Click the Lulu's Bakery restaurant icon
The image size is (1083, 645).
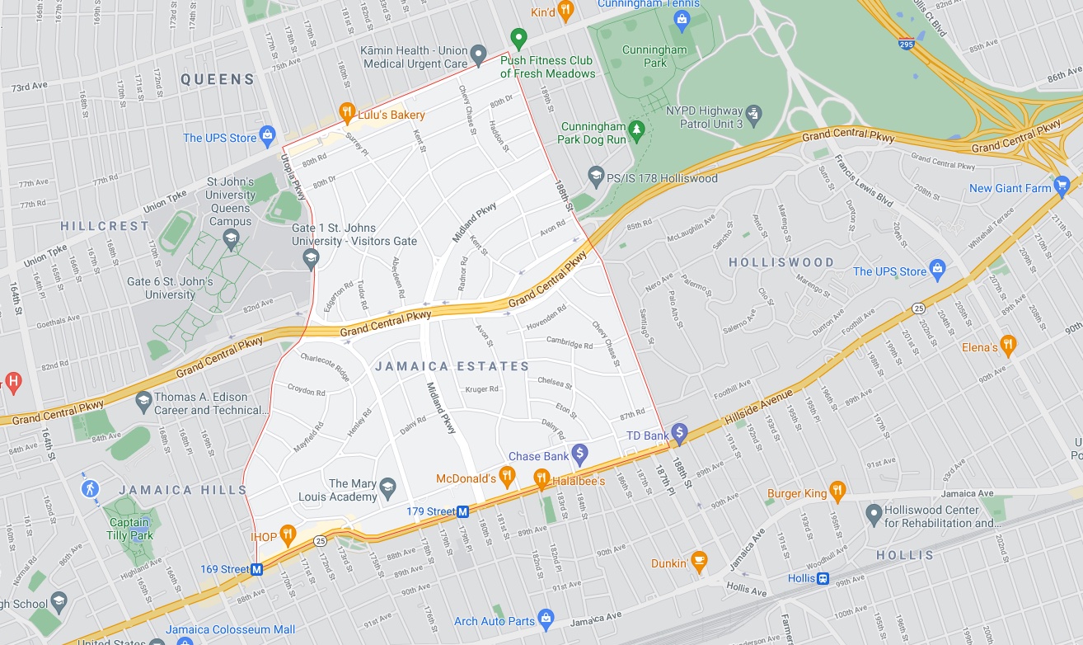click(347, 113)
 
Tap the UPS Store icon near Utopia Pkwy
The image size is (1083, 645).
click(267, 135)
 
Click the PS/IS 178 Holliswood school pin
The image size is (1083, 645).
click(596, 176)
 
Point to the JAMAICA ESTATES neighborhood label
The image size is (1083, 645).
click(452, 366)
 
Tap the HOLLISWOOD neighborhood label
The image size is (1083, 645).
click(781, 262)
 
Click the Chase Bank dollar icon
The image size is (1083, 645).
click(580, 453)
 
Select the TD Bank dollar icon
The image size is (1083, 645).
click(679, 432)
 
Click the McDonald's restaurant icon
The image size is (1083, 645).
click(507, 475)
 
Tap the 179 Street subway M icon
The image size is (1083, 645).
click(463, 511)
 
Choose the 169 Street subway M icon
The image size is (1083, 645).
click(257, 569)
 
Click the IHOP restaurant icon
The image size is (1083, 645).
click(287, 535)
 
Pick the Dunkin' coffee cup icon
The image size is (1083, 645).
click(699, 561)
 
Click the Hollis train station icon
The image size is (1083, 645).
click(823, 578)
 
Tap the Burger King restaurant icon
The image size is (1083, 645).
click(837, 492)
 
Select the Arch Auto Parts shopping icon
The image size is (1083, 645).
click(545, 619)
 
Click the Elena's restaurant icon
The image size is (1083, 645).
click(1007, 345)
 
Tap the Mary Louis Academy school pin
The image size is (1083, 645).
click(387, 492)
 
